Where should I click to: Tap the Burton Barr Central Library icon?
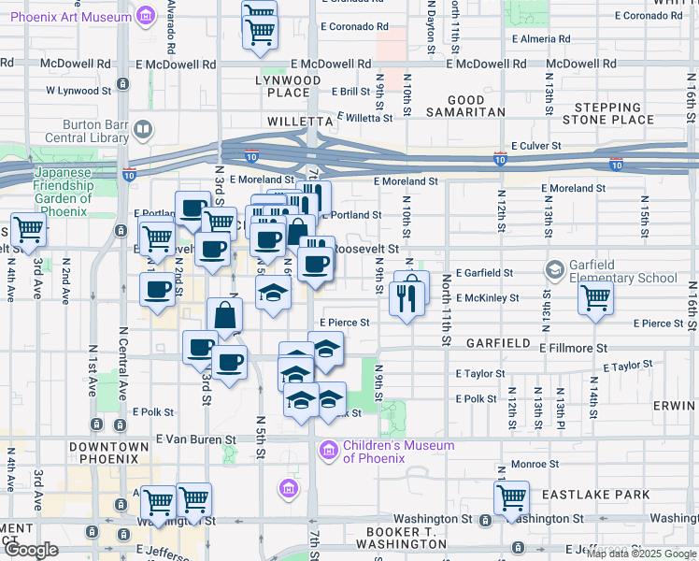[143, 129]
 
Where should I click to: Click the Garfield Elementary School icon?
[555, 271]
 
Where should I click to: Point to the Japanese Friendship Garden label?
[65, 185]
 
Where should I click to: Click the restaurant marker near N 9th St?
[407, 297]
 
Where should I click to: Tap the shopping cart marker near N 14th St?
[595, 299]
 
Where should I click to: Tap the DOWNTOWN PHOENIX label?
[109, 453]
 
